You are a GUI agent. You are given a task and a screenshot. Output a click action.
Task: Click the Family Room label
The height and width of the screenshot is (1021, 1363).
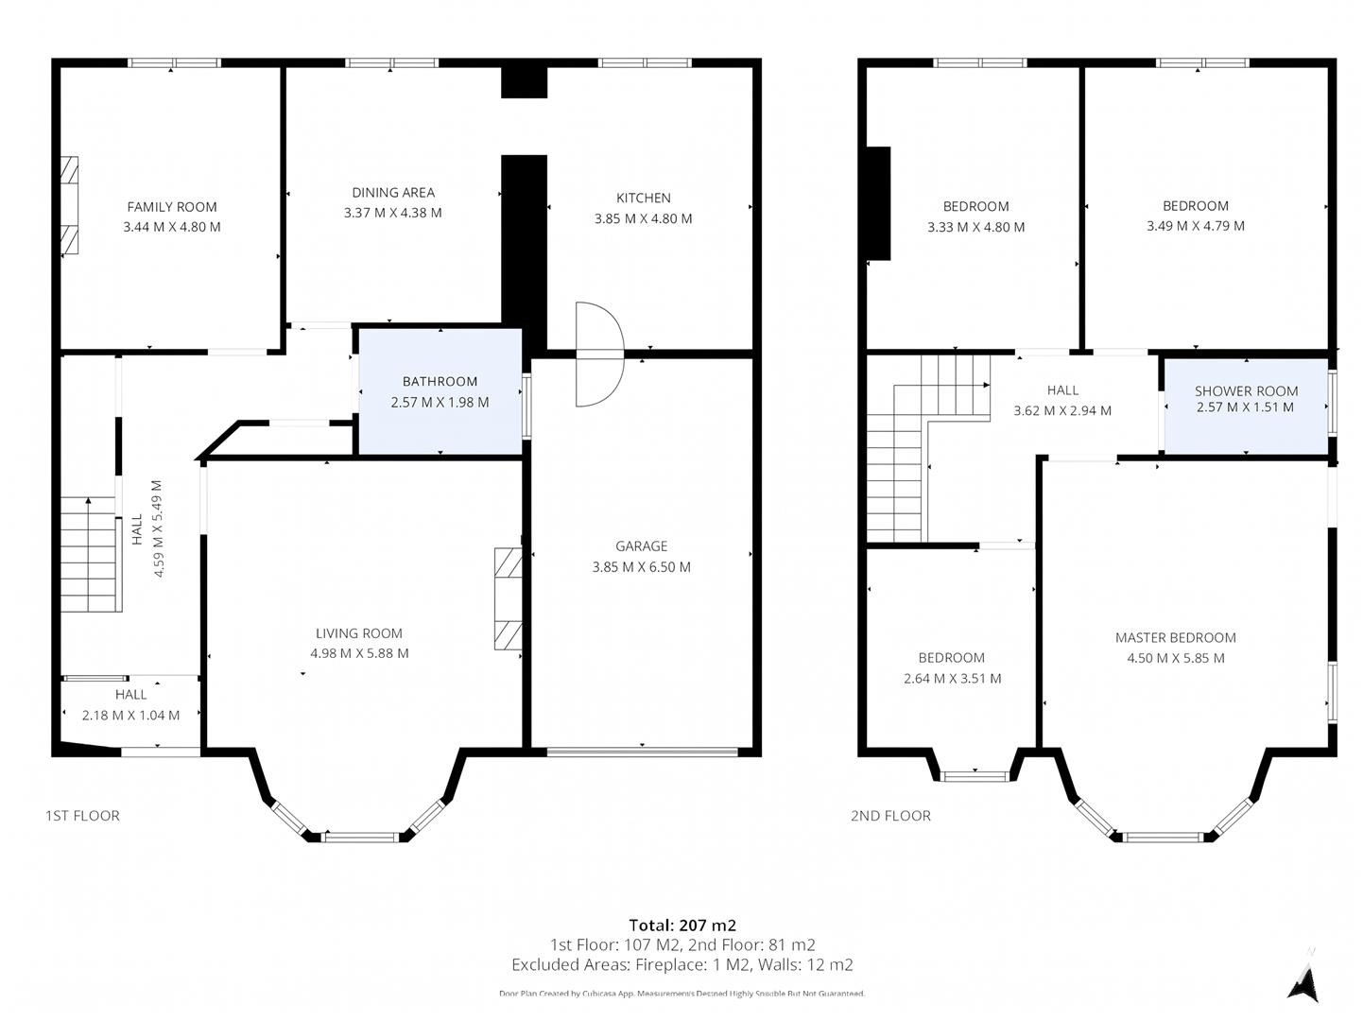pyautogui.click(x=172, y=207)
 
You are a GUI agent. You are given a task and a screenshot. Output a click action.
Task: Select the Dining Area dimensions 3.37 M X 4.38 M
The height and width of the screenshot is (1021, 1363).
pyautogui.click(x=392, y=214)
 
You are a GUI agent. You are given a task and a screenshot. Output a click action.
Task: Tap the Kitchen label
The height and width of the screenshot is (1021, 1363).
pyautogui.click(x=643, y=198)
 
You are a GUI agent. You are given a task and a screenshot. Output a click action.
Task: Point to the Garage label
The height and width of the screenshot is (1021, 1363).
pyautogui.click(x=641, y=545)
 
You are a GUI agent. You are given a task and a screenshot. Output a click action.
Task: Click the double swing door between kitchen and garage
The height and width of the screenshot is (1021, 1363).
pyautogui.click(x=598, y=355)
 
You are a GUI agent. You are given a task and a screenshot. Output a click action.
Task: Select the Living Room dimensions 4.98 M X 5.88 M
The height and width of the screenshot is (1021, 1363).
pyautogui.click(x=359, y=653)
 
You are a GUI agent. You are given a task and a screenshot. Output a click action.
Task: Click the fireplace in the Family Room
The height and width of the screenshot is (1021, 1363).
pyautogui.click(x=69, y=207)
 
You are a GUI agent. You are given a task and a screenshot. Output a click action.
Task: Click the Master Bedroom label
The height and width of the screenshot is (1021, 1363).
pyautogui.click(x=1175, y=638)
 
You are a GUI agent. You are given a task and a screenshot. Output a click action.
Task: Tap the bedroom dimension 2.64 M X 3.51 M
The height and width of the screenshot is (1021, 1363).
pyautogui.click(x=952, y=679)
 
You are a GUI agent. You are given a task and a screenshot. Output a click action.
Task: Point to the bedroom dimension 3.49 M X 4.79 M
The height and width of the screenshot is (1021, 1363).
pyautogui.click(x=1195, y=226)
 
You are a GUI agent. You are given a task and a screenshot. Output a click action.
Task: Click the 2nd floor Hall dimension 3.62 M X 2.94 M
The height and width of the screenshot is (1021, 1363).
pyautogui.click(x=1062, y=411)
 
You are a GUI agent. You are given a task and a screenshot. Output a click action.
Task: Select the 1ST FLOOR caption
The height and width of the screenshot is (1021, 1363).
pyautogui.click(x=83, y=816)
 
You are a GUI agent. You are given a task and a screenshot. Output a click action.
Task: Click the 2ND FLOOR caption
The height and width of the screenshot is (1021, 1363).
pyautogui.click(x=890, y=816)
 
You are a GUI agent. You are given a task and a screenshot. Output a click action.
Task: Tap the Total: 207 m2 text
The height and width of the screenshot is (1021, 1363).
pyautogui.click(x=681, y=926)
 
